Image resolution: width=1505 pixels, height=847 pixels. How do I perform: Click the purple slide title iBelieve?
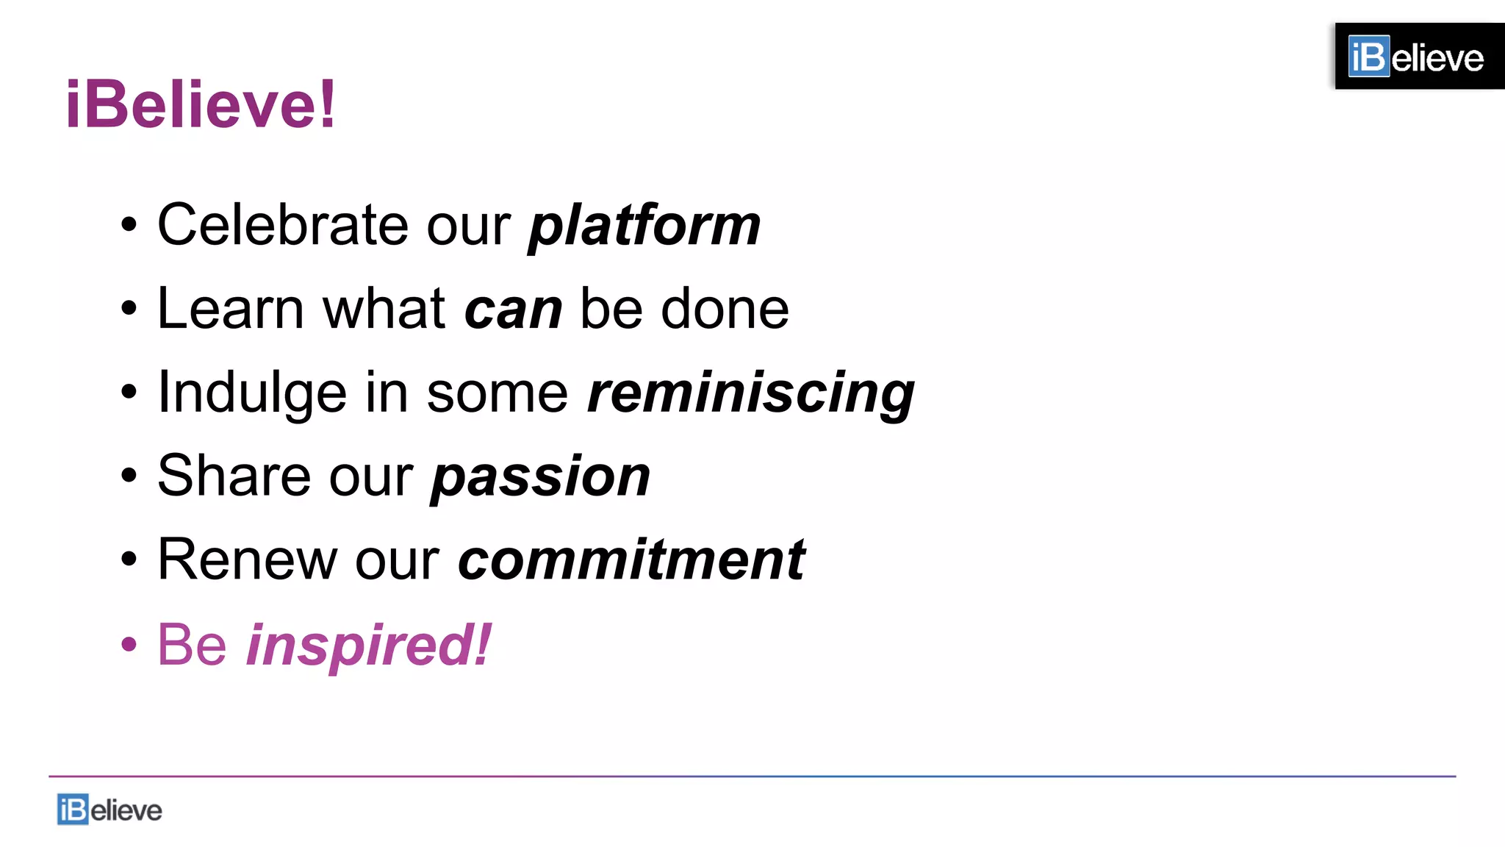pos(201,104)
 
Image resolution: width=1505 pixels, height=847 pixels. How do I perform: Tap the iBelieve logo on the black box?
pos(1416,57)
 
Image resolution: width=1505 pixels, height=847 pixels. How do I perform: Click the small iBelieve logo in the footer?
pos(109,810)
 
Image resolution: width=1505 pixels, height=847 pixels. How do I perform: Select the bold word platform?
pos(644,225)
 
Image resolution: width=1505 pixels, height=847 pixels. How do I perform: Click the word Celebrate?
pos(282,224)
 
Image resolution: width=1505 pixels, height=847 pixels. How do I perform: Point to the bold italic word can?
pos(514,309)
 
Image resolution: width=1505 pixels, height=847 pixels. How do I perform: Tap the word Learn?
pos(230,308)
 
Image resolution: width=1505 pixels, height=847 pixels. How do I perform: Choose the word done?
pos(725,308)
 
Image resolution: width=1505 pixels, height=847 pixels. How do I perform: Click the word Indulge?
pos(252,393)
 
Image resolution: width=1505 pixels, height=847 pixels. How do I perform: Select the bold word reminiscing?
pos(751,393)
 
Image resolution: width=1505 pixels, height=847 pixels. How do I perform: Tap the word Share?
pos(233,476)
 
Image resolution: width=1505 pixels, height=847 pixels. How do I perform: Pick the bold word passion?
pos(541,477)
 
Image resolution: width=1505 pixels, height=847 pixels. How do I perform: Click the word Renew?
pos(246,560)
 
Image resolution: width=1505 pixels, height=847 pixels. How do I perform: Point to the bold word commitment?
pos(632,560)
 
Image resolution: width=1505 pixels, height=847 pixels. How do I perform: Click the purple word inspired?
pos(368,645)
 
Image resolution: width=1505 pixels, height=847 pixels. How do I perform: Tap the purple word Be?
pos(192,645)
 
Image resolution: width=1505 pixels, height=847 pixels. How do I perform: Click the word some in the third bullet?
pos(498,393)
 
